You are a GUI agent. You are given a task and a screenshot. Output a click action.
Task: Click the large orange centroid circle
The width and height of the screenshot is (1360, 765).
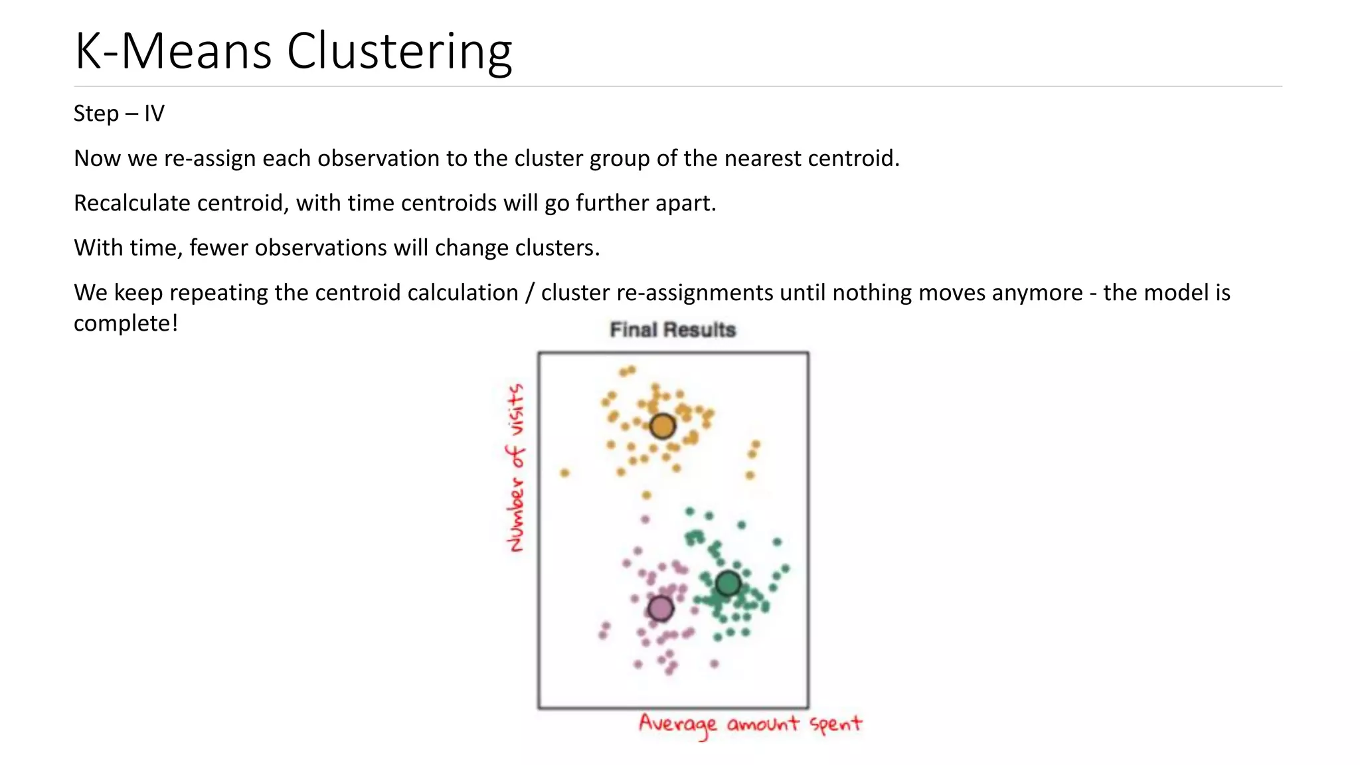tap(662, 426)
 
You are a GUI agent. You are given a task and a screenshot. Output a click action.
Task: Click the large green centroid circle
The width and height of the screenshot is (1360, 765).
tap(728, 584)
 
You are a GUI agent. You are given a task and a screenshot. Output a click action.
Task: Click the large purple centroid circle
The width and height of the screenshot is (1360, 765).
tap(660, 608)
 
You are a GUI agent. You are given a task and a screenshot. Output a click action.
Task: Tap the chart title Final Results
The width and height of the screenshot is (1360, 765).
tap(673, 330)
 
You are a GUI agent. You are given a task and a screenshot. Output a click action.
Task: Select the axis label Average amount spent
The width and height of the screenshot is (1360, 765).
tap(750, 724)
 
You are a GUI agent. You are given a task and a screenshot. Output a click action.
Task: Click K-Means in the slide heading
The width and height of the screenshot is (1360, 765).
tap(173, 51)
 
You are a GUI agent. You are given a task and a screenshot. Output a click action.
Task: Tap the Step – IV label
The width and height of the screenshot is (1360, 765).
tap(119, 114)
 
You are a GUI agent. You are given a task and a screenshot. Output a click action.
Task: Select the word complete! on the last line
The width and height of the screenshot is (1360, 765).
tap(126, 323)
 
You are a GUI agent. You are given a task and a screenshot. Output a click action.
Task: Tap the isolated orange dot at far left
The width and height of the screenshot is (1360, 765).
tap(564, 473)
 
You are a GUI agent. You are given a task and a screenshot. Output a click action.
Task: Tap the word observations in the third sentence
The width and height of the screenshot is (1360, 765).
tap(321, 248)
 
